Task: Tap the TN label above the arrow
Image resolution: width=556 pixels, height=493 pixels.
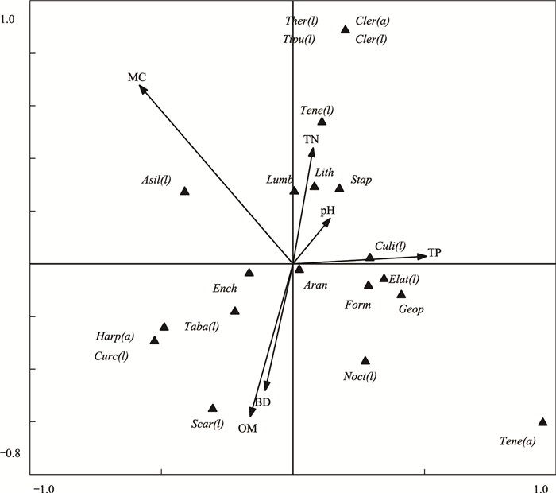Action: point(311,139)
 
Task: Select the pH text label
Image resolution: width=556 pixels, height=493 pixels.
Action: point(328,211)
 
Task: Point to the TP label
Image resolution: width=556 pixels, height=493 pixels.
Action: point(434,253)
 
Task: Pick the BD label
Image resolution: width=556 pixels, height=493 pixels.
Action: point(263,403)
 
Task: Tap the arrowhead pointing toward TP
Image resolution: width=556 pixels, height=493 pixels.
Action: point(424,255)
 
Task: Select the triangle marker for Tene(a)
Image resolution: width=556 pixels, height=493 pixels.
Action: point(542,422)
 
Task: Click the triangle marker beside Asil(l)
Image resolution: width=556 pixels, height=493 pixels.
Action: point(185,191)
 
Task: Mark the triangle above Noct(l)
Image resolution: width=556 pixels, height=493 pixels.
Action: point(365,360)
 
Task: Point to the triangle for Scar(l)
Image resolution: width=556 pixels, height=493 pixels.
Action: point(212,408)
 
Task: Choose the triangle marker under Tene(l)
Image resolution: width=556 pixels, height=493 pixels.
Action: point(322,121)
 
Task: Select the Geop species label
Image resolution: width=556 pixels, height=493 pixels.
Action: point(411,309)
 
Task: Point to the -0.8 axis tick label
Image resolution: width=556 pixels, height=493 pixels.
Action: point(13,453)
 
